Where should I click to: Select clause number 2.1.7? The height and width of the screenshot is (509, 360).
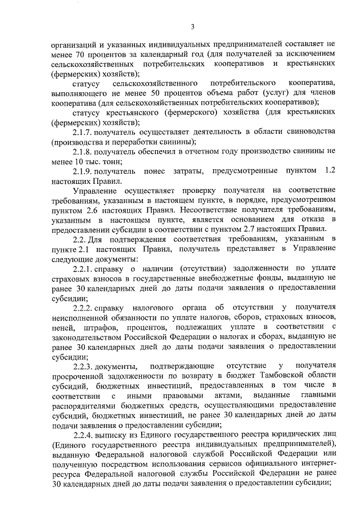tap(83, 132)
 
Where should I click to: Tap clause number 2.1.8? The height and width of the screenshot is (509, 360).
tap(83, 151)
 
